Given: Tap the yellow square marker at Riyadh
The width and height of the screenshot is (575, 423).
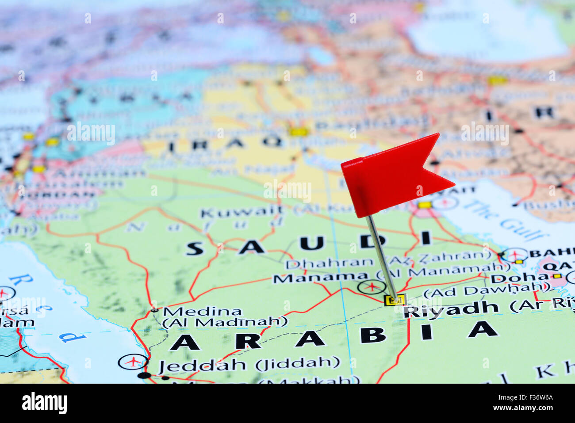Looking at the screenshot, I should (x=395, y=300).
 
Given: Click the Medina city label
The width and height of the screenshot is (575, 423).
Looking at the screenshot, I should (x=202, y=312).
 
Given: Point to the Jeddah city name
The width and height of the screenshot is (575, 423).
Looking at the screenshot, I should (x=202, y=366).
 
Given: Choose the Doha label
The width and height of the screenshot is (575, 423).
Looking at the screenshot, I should (x=513, y=278).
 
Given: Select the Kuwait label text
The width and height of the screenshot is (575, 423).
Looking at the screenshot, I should (x=241, y=212).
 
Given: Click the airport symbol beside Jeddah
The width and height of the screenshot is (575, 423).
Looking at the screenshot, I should (x=133, y=362).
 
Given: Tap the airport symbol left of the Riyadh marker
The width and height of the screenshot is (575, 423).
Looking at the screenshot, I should (x=372, y=287).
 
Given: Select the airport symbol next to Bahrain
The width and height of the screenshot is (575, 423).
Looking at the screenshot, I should (x=514, y=255).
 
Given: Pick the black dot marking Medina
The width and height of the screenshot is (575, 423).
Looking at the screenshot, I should (x=154, y=310).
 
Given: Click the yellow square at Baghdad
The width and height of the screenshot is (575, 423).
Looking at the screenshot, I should (x=299, y=131).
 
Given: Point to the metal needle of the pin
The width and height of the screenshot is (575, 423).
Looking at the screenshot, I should (x=380, y=256).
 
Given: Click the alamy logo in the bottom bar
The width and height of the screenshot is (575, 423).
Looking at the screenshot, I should (x=45, y=403).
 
